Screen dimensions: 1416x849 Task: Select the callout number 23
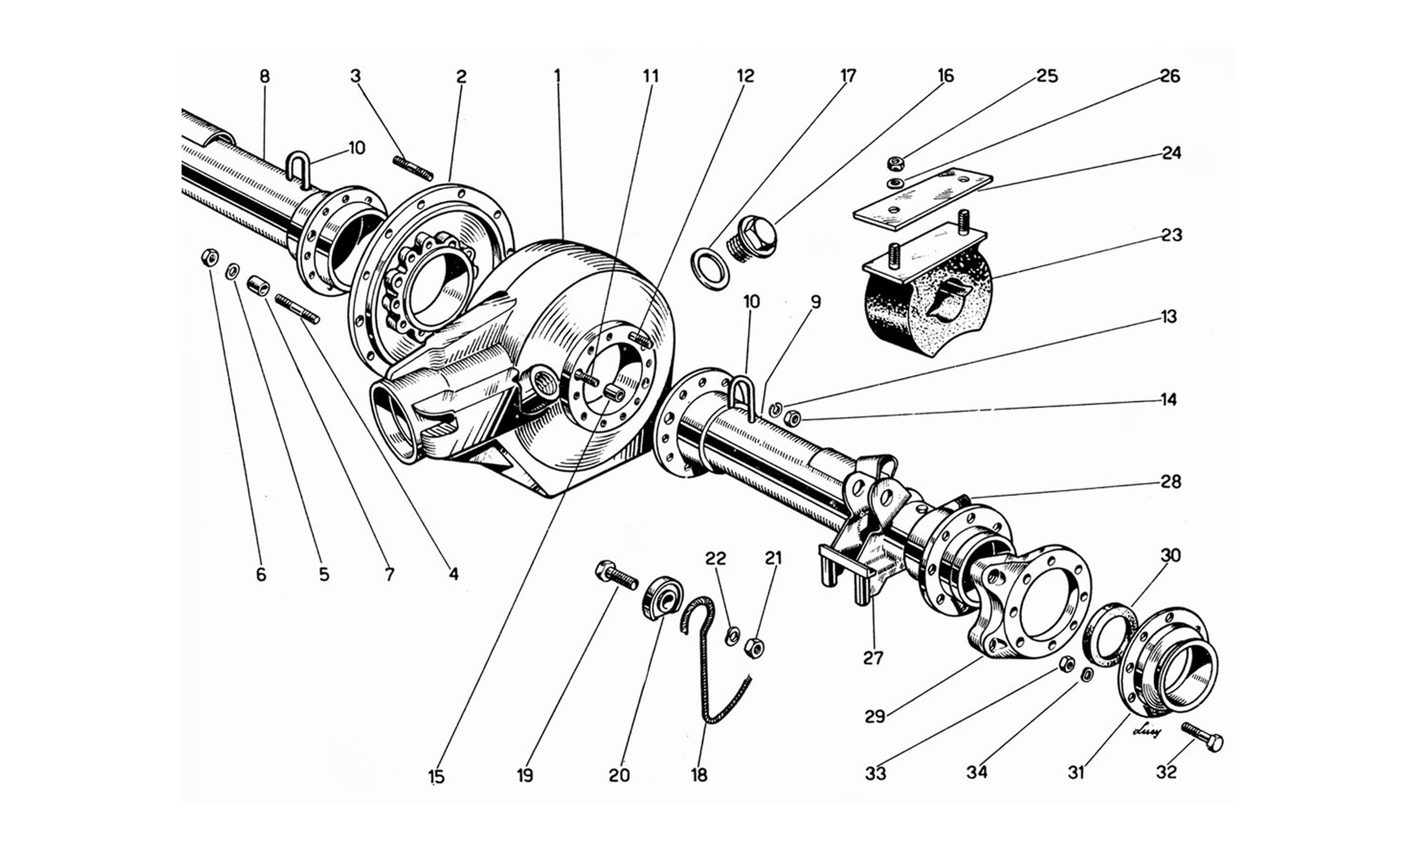1171,235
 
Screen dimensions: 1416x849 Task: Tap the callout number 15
436,777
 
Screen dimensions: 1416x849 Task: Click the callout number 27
873,658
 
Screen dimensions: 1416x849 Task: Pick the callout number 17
848,76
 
